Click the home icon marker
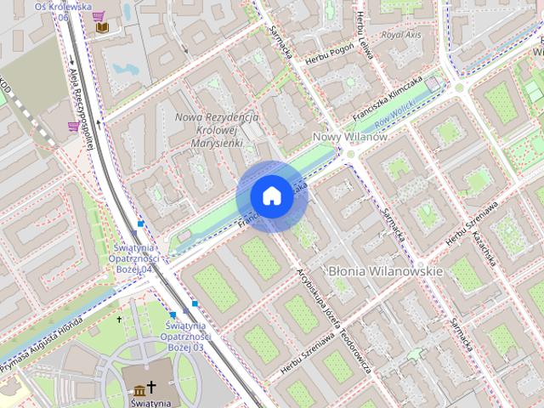(x=271, y=196)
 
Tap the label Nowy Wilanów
(x=350, y=137)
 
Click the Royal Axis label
(x=402, y=36)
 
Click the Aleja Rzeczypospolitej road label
(x=81, y=107)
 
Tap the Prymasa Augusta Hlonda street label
(x=40, y=338)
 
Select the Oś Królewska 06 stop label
(x=62, y=10)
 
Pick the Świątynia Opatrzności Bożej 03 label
(x=185, y=337)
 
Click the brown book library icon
(x=102, y=28)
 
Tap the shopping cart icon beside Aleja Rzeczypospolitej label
(x=74, y=127)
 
